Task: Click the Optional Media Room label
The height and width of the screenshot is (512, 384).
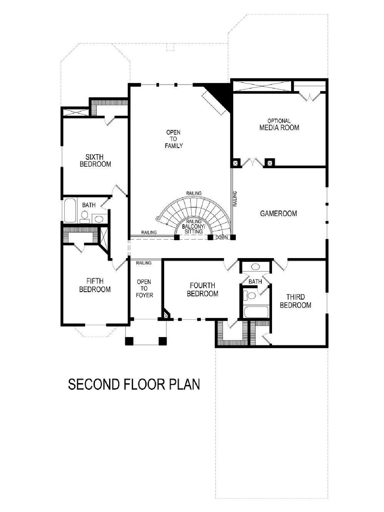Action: click(x=279, y=124)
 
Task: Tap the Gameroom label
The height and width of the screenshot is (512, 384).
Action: click(x=278, y=213)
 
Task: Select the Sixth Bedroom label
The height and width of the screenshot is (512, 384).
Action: click(x=95, y=161)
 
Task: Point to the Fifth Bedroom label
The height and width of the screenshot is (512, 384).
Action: click(x=95, y=285)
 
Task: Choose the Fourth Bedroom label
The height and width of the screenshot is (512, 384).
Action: click(x=203, y=289)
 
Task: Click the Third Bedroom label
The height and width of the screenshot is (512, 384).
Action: click(x=296, y=301)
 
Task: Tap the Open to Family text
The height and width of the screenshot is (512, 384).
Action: click(x=173, y=139)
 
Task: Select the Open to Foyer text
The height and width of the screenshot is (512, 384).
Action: click(x=144, y=288)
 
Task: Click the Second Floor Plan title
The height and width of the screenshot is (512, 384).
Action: click(x=134, y=384)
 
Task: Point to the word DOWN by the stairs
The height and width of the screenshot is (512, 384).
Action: click(x=221, y=238)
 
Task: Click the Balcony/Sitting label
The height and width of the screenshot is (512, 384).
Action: click(x=194, y=229)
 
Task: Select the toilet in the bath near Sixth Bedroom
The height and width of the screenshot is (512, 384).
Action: click(x=84, y=217)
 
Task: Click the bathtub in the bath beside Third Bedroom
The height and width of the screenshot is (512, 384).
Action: click(x=256, y=312)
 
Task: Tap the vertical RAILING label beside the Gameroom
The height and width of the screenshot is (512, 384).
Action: click(x=235, y=199)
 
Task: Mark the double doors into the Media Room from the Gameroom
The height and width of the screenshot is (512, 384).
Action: click(x=252, y=163)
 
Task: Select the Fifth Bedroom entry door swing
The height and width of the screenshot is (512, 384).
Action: click(x=120, y=264)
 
